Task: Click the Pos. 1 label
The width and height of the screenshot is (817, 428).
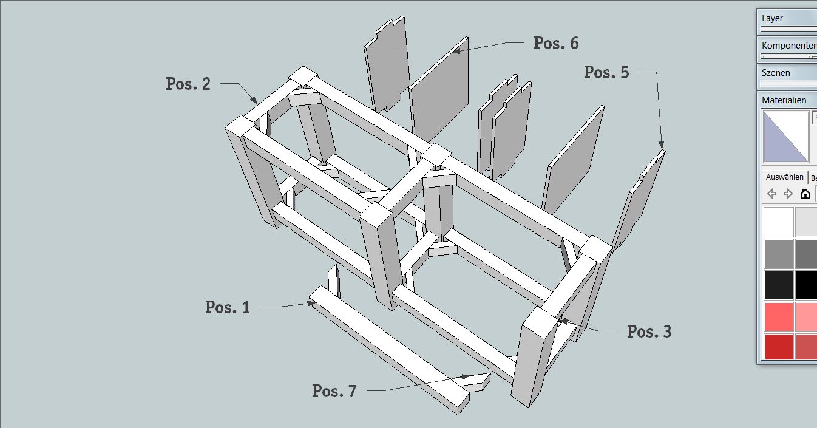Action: [x=228, y=307]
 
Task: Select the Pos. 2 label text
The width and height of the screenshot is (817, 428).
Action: [x=188, y=84]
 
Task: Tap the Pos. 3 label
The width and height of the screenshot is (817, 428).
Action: [x=649, y=331]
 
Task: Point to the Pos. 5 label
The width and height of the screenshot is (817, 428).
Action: [x=606, y=72]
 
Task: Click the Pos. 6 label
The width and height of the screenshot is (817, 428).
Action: [x=556, y=43]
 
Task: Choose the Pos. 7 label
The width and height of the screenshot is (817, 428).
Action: [x=334, y=391]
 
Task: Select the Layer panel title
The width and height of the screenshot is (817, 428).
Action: [x=772, y=18]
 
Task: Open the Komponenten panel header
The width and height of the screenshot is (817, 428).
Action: [x=788, y=46]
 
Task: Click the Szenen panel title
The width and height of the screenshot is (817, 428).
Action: [x=776, y=73]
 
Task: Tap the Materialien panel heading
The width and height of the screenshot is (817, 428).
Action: [x=784, y=100]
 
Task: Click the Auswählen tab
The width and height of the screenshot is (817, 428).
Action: [x=784, y=177]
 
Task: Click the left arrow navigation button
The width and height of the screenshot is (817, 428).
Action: [x=771, y=194]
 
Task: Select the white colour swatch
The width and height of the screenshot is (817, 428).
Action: [x=779, y=222]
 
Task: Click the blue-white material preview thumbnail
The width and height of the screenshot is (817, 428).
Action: [x=786, y=137]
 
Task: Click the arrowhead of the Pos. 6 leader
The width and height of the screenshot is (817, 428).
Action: [x=455, y=51]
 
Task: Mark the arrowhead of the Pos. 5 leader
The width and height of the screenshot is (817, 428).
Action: [x=661, y=145]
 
